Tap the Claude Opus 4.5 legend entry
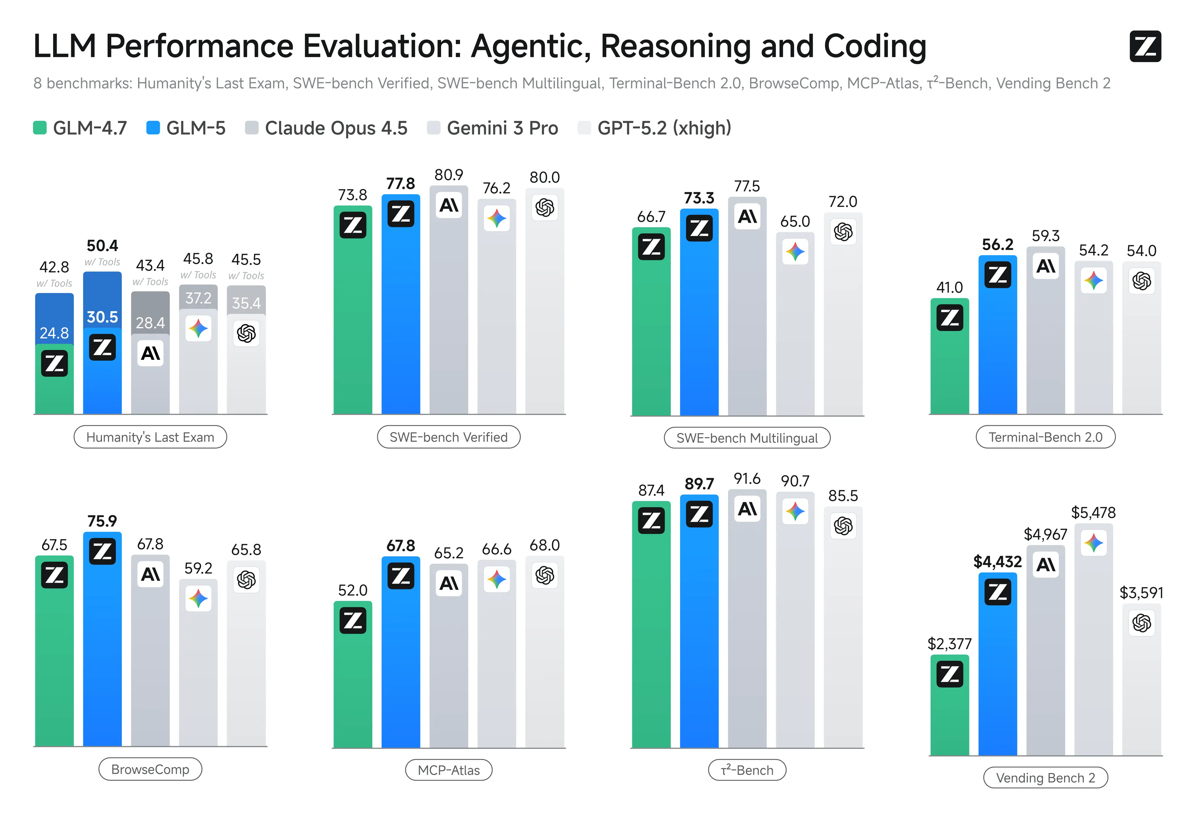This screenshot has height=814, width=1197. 326,128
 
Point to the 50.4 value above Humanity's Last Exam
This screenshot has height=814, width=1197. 102,245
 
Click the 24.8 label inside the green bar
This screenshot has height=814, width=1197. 54,333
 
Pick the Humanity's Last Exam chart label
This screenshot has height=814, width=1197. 150,437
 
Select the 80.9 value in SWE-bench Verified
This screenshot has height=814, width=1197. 449,175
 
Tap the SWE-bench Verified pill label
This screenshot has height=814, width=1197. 449,437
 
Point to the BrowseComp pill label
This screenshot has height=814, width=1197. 150,769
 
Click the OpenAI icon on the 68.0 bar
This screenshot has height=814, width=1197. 544,575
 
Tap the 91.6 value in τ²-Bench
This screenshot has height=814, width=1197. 747,479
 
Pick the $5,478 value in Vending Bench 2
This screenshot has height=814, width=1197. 1093,512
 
